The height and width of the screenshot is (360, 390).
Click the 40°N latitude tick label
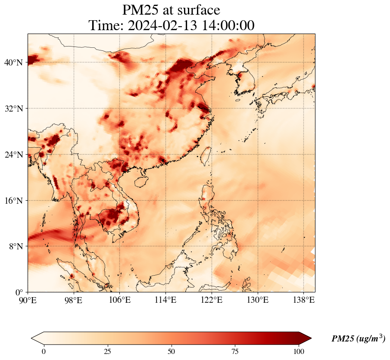coord(13,62)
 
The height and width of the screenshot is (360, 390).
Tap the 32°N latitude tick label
coord(13,109)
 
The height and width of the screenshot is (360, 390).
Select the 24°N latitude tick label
coord(13,155)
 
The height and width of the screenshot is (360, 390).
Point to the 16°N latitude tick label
coord(13,201)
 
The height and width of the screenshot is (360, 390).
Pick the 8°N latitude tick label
coord(16,246)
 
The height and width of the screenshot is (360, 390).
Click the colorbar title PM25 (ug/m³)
coord(358,339)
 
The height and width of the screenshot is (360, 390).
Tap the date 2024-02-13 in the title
coord(162,25)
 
